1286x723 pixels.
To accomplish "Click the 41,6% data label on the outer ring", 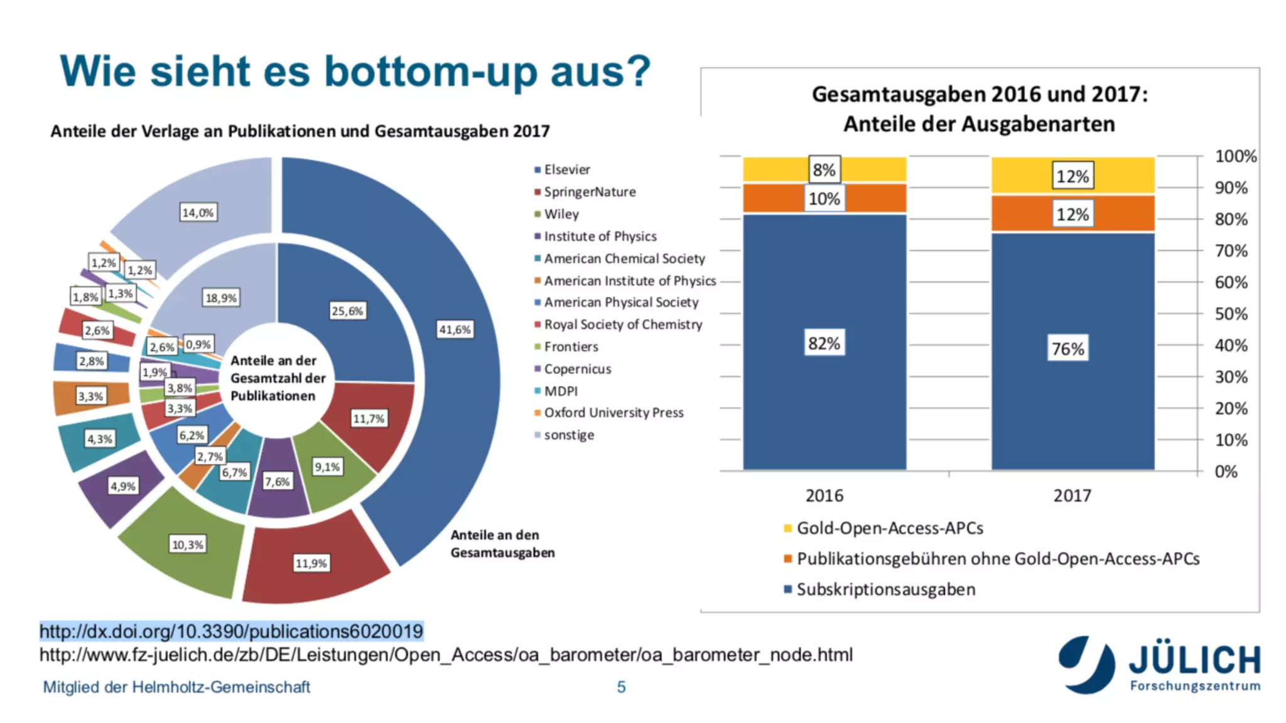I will tap(455, 329).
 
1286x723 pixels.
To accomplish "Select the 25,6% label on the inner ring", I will tap(347, 311).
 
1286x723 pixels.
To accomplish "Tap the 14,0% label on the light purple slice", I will tap(198, 213).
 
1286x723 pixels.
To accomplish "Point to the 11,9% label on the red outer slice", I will tap(311, 563).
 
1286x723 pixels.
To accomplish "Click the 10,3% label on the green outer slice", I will tap(188, 544).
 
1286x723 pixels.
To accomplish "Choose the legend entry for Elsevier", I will tap(566, 169).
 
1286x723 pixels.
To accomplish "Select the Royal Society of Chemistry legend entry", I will tap(622, 324).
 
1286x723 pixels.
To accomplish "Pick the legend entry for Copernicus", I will tap(577, 369).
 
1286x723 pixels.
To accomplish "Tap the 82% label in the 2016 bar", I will tap(824, 343).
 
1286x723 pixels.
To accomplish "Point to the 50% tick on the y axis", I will tap(1231, 314).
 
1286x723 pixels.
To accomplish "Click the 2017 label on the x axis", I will tap(1072, 496).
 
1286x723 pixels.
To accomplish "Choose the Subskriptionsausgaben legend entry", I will tap(885, 589).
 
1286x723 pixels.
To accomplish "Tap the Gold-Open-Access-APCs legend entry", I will tap(889, 528).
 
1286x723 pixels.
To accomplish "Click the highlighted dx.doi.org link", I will tap(231, 631).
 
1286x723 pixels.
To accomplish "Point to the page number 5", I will tap(621, 687).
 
